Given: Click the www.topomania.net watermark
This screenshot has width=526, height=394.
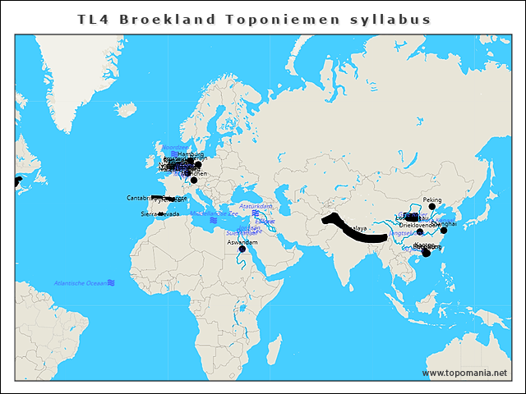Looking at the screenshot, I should point(464,373).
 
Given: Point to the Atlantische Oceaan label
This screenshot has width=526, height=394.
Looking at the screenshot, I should point(80,283).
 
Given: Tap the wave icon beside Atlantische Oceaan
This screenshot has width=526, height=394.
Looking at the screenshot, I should point(111,283).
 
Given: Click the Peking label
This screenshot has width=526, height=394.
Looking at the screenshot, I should point(431,199).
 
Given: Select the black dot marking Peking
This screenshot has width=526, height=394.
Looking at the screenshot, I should point(432,207).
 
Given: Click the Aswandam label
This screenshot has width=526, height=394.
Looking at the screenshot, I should point(242,242).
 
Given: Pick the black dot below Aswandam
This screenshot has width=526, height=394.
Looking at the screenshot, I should point(242,250).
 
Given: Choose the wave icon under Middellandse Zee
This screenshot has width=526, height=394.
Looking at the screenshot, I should point(212,221).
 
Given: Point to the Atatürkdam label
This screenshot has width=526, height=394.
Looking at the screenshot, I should point(255,206).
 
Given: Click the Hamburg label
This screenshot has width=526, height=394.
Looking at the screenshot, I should point(190,153).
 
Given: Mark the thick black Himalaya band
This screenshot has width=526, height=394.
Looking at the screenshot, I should point(353,231).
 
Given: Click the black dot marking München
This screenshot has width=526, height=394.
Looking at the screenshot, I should point(194,180).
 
